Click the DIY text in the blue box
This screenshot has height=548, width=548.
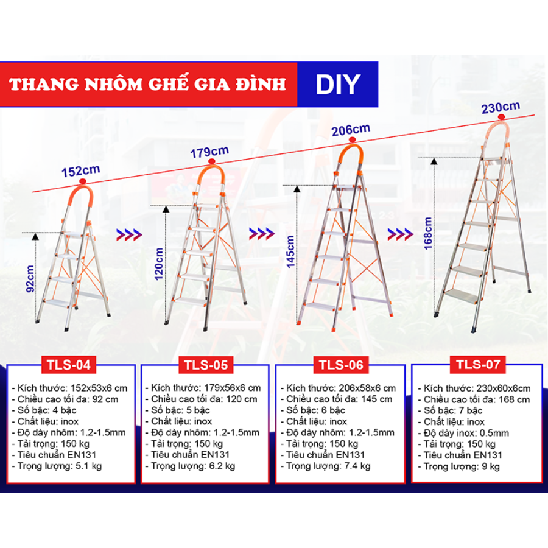pos(338,84)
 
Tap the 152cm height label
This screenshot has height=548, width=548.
pos(81,171)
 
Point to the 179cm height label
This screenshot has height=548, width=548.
pos(209,152)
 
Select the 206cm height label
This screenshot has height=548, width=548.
pos(351,130)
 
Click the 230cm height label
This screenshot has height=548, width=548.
pos(501,107)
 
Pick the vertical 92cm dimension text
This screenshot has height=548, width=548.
pos(30,278)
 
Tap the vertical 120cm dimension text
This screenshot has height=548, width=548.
pos(159,264)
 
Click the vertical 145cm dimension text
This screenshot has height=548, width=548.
pos(290,251)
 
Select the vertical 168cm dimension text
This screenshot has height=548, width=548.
pos(428,233)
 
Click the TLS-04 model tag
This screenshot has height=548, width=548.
pos(69,365)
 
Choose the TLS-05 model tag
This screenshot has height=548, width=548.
pos(206,365)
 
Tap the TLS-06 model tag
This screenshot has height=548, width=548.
pos(341,365)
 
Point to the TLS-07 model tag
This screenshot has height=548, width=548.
pos(478,365)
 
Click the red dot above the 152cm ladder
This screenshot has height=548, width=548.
pos(82,181)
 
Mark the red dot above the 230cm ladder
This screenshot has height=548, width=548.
pos(502,117)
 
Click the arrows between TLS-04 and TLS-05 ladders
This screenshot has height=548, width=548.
pos(129,234)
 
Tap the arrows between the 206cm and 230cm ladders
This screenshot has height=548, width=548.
pos(401,234)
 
